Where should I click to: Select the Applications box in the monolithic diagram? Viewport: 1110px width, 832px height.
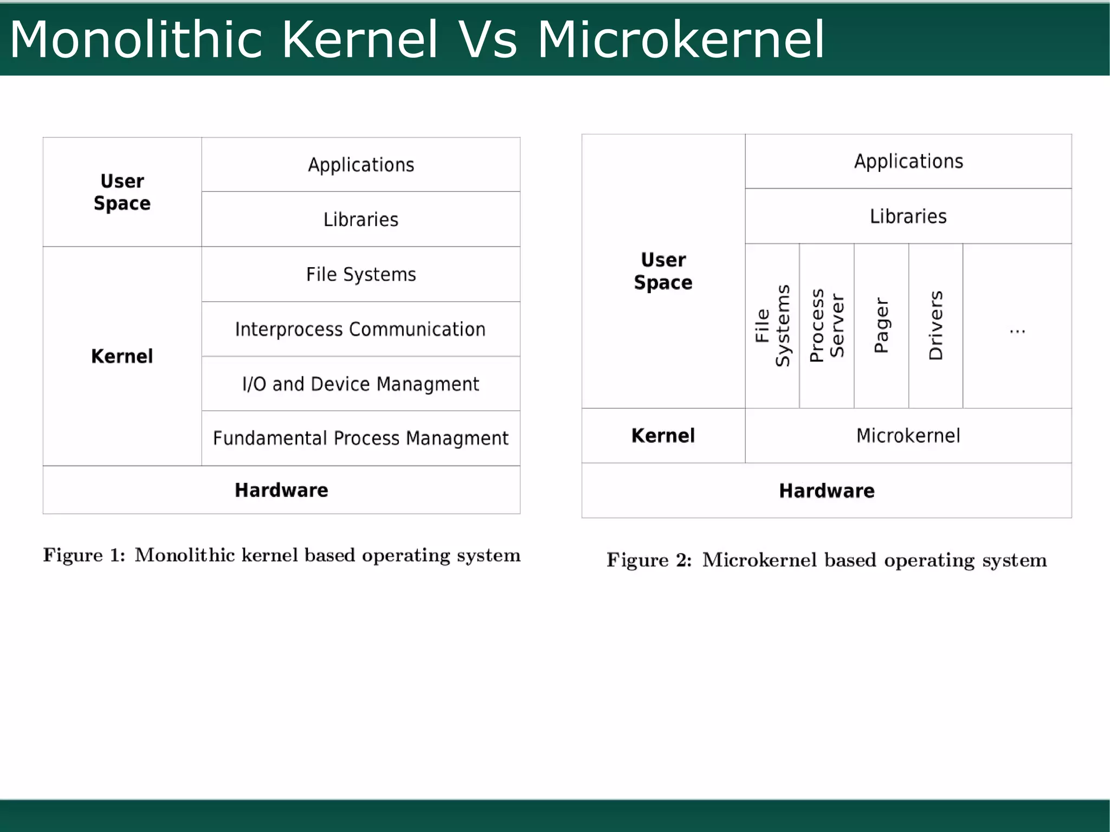click(361, 165)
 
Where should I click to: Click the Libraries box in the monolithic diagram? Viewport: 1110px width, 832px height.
click(361, 220)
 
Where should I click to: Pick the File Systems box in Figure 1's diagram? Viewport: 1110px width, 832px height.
click(361, 274)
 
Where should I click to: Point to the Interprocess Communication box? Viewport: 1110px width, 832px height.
click(360, 329)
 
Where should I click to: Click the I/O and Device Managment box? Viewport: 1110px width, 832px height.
click(360, 384)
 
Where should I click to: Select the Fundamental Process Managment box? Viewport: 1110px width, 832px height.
click(360, 438)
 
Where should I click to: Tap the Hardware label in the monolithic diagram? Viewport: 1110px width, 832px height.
click(281, 490)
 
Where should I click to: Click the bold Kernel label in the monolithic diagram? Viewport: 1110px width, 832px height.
click(122, 356)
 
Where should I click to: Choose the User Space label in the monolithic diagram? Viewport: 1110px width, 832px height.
click(122, 192)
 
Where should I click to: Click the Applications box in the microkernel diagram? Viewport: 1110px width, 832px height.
click(908, 162)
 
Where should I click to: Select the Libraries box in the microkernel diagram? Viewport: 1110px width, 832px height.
click(908, 216)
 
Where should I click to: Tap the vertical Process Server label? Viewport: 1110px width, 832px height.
click(827, 325)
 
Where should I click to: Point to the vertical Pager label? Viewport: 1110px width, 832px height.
click(881, 325)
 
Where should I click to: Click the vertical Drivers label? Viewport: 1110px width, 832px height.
click(936, 325)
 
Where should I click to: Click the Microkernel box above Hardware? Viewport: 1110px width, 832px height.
click(908, 436)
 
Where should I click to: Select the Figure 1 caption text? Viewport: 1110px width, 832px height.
click(282, 556)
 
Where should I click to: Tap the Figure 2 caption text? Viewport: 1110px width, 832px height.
click(827, 560)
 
